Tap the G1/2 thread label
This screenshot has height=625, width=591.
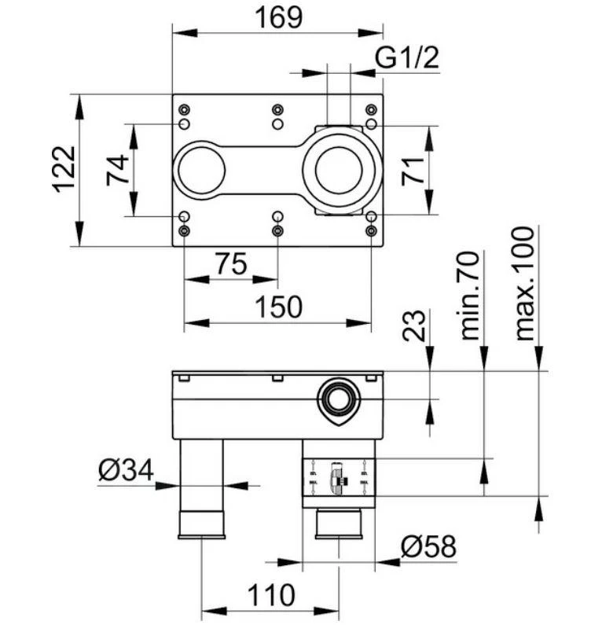click(x=406, y=58)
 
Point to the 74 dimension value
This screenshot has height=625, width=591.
click(x=118, y=169)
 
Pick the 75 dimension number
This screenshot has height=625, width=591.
click(x=230, y=264)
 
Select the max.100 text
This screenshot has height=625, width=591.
click(x=524, y=283)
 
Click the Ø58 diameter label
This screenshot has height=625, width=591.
click(x=428, y=546)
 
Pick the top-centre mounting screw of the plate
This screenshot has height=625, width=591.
click(x=277, y=109)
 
